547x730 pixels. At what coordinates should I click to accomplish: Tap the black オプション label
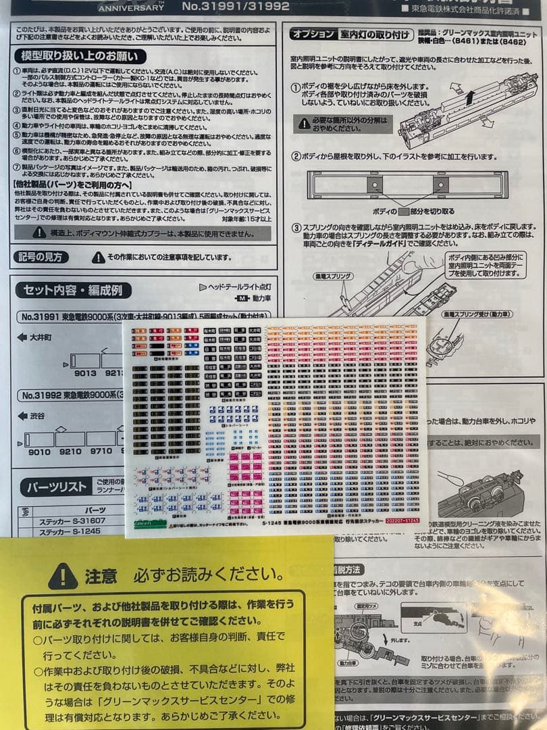(313, 34)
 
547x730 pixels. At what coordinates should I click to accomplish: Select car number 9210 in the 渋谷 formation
(73, 452)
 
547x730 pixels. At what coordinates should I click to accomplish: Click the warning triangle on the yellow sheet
(63, 576)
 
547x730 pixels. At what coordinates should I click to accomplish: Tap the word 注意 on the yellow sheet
(101, 576)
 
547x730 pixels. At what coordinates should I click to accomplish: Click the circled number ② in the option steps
(296, 157)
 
